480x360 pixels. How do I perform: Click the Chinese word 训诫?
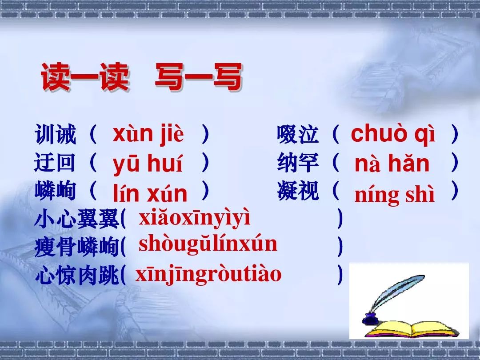click(55, 134)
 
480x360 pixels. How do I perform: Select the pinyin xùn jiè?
click(148, 134)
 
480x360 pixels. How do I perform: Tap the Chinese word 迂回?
click(55, 162)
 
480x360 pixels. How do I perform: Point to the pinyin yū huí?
click(148, 164)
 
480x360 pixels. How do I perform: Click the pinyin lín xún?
click(150, 193)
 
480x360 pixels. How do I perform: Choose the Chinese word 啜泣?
click(297, 134)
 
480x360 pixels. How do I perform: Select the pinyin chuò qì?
click(393, 134)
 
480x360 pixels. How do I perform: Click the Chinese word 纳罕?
click(297, 162)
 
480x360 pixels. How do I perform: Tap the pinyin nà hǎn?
click(392, 163)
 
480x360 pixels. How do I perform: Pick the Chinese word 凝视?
click(297, 191)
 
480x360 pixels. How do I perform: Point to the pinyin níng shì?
click(394, 194)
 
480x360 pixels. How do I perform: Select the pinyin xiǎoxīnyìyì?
click(194, 218)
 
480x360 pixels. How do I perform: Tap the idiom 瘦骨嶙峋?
click(76, 246)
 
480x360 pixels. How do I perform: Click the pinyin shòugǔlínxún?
click(208, 245)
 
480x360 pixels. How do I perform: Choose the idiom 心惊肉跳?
click(76, 275)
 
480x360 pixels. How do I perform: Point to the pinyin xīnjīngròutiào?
click(208, 274)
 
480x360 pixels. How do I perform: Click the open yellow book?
click(412, 329)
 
